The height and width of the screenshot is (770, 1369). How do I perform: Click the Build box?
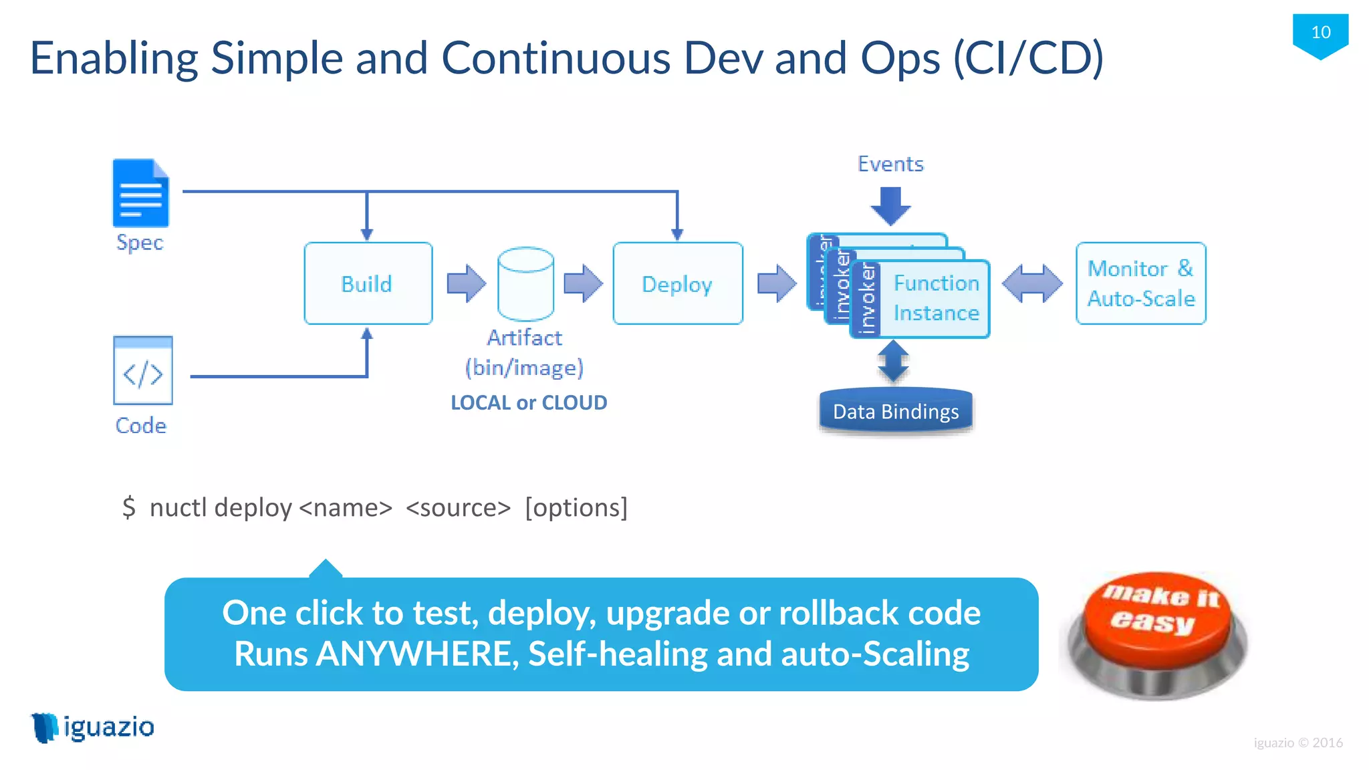pos(368,283)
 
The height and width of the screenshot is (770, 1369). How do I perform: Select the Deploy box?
pos(677,283)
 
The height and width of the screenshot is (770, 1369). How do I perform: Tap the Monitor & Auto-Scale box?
pos(1140,283)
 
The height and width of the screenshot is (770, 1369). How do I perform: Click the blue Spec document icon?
pos(140,193)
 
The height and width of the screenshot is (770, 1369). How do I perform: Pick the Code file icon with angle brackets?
pos(143,370)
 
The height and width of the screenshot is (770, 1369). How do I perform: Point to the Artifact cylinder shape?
pos(525,284)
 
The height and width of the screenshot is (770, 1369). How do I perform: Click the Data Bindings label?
pos(896,412)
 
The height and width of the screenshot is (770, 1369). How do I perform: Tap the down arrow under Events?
pos(890,206)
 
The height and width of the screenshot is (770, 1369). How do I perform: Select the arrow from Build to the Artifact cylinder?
pos(466,283)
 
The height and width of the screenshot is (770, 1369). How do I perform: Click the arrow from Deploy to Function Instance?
pos(776,283)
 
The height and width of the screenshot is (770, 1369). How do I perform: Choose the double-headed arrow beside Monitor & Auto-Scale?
pos(1032,283)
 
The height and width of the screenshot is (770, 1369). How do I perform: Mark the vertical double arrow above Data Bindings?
pos(893,362)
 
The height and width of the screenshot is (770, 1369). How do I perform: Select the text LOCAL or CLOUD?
pos(529,402)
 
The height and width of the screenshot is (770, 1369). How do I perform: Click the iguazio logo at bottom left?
pos(94,727)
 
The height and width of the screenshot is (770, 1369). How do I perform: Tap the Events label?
pos(890,164)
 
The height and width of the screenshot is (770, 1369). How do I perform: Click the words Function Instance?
pos(936,298)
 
